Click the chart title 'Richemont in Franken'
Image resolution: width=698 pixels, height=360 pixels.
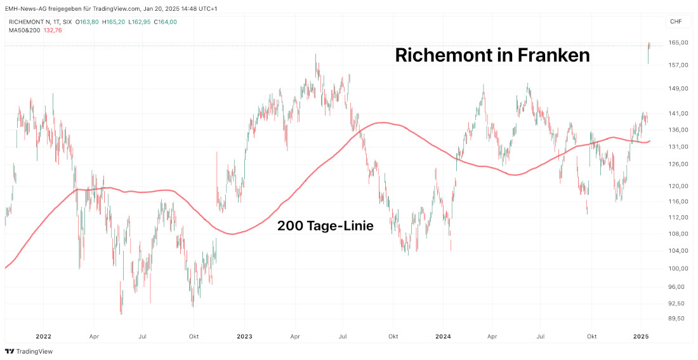tap(492, 55)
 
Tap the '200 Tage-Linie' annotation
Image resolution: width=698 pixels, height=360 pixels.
tap(325, 225)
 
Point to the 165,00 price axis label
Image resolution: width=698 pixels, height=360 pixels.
tap(678, 43)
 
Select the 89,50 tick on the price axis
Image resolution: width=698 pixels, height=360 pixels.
tap(678, 318)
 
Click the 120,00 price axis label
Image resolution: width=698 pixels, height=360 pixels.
tap(678, 186)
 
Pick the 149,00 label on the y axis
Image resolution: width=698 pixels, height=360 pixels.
tap(678, 88)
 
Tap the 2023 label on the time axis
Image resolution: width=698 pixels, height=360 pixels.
tap(244, 336)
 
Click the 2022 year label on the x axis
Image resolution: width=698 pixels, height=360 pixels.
tap(43, 336)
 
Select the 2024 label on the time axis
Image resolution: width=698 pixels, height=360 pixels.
tap(444, 336)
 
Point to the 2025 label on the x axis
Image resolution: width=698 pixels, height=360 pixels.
tap(641, 336)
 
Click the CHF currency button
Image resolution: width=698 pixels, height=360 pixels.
tap(676, 22)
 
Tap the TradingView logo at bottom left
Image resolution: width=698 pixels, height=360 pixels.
tap(29, 351)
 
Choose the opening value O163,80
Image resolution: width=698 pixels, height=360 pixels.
tap(87, 22)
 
